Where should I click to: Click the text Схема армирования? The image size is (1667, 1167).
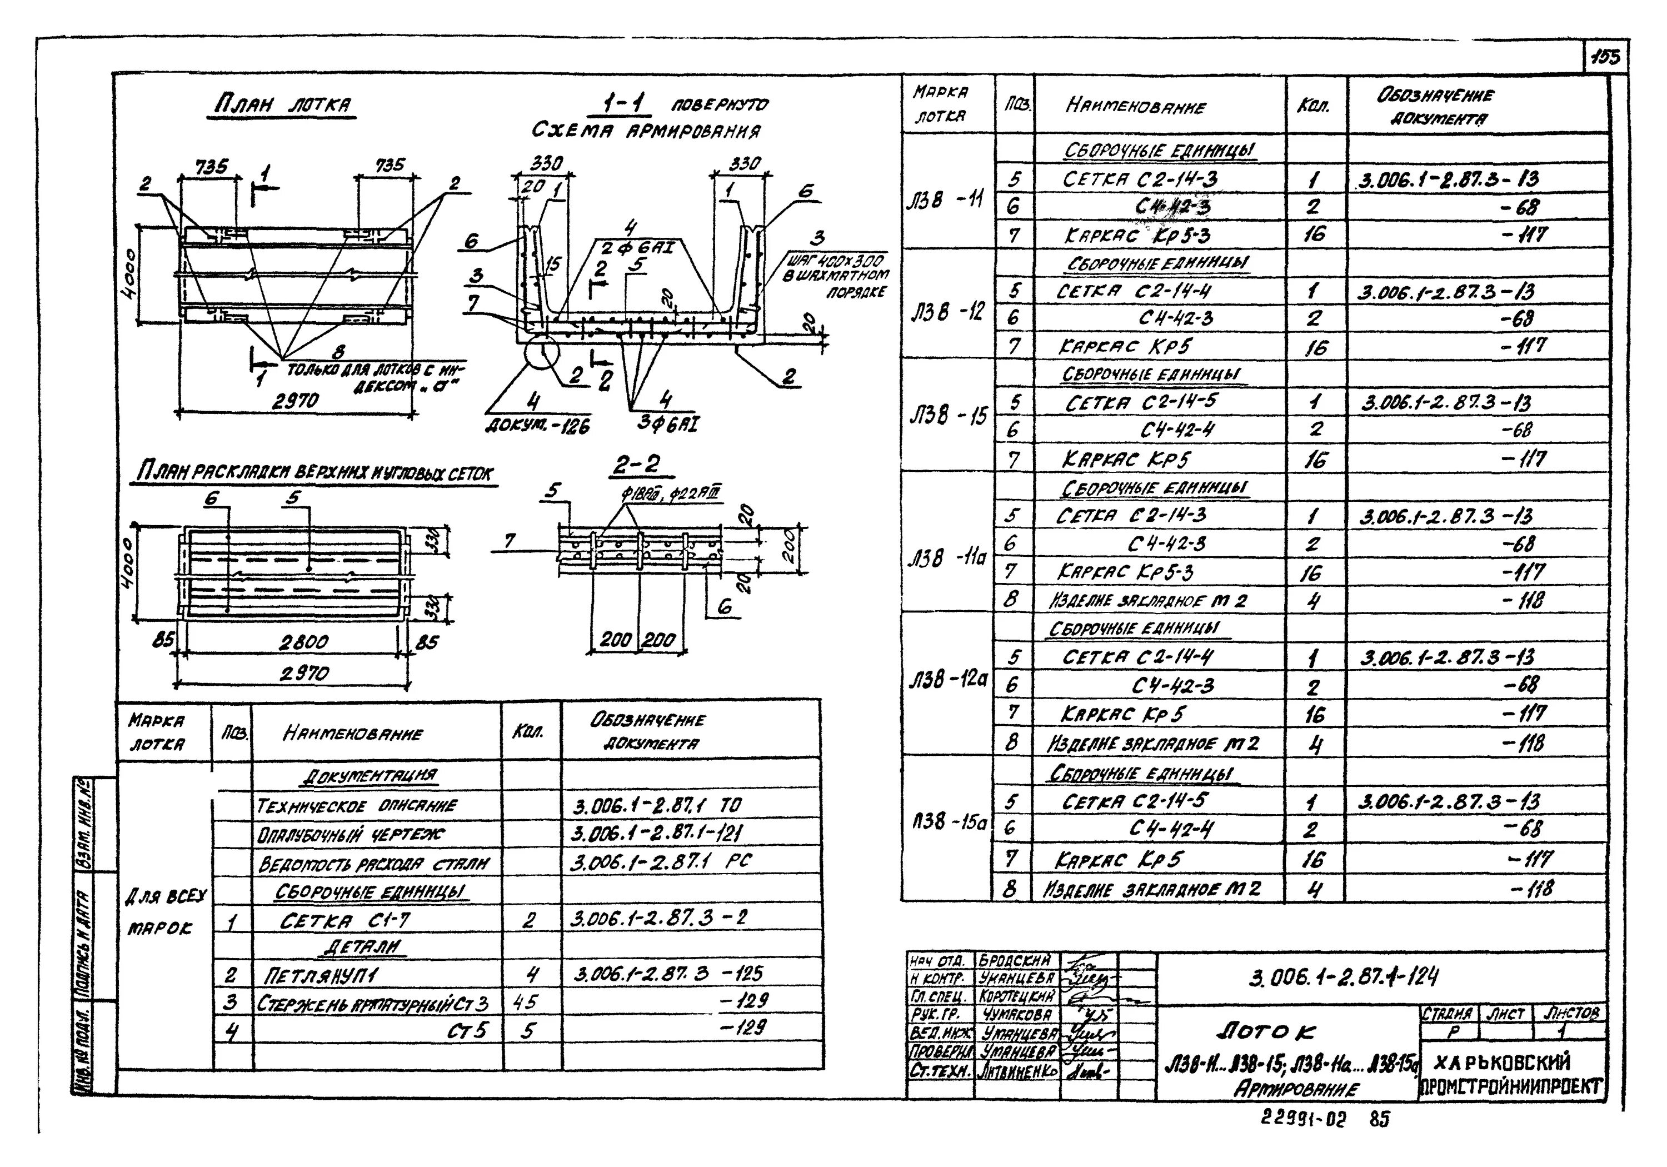coord(646,131)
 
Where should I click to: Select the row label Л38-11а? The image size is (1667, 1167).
coord(947,558)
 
